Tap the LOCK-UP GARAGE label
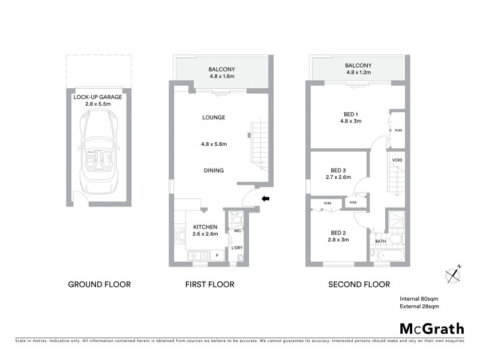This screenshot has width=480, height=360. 99,96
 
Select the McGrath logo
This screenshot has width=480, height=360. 431,328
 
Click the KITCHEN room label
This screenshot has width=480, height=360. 205,227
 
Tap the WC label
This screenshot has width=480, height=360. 238,230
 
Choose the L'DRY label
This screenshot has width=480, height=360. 237,247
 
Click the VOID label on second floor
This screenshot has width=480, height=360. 397,160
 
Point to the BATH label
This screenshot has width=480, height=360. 380,242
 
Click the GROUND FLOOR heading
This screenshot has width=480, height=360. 99,284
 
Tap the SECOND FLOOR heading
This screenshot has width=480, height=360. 359,284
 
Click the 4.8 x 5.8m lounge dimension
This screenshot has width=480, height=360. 213,144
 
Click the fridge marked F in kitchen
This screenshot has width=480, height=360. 217,255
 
